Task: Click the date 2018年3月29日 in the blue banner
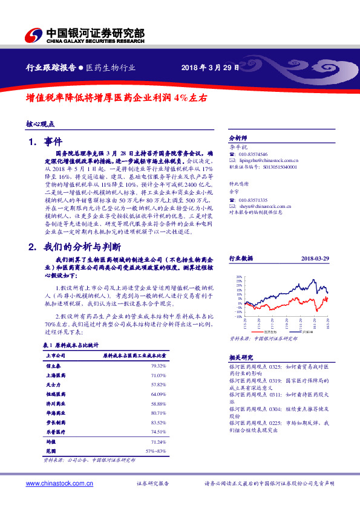207,67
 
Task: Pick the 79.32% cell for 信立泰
158,366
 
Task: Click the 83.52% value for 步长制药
158,422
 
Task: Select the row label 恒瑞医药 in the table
55,394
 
